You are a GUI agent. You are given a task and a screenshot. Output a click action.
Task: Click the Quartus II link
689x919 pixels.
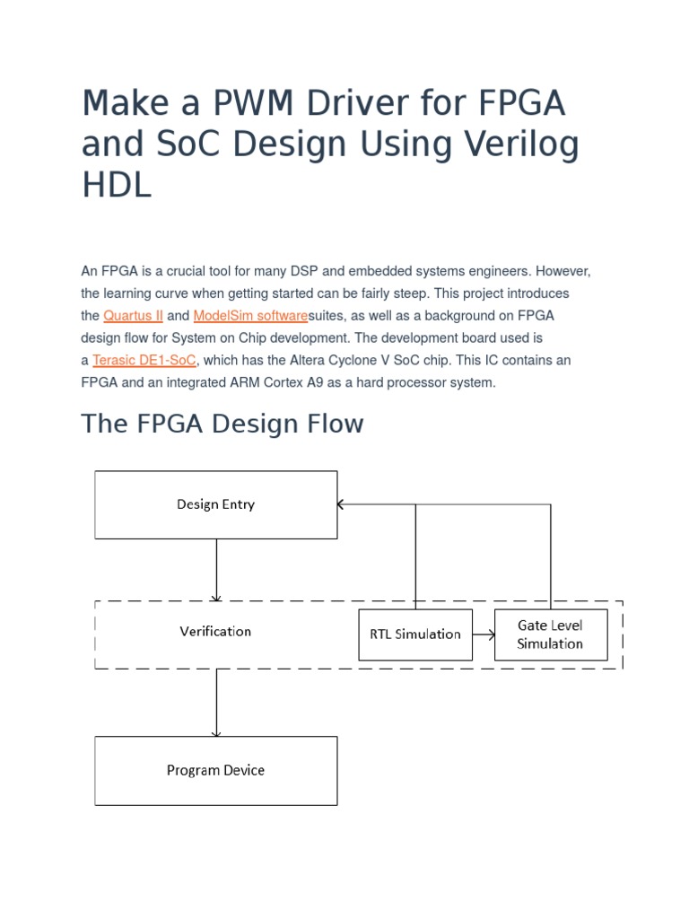pyautogui.click(x=133, y=316)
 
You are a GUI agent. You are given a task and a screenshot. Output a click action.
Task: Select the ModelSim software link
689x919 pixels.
pyautogui.click(x=250, y=316)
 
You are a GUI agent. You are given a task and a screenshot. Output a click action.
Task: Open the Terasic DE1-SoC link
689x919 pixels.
pyautogui.click(x=144, y=360)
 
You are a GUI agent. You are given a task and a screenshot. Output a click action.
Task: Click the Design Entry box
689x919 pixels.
pyautogui.click(x=215, y=504)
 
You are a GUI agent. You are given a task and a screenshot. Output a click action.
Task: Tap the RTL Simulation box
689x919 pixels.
pyautogui.click(x=414, y=635)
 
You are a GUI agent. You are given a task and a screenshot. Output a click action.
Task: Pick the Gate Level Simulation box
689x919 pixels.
pyautogui.click(x=550, y=635)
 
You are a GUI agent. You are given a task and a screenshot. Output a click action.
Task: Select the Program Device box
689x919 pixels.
pyautogui.click(x=215, y=770)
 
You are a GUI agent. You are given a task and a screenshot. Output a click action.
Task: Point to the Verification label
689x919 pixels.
pyautogui.click(x=215, y=632)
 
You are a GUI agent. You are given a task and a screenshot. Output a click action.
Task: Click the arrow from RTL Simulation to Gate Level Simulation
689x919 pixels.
pyautogui.click(x=484, y=635)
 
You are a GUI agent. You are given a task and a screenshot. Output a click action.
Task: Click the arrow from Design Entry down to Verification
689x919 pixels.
pyautogui.click(x=216, y=570)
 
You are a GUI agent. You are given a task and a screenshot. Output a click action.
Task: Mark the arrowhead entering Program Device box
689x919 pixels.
pyautogui.click(x=216, y=732)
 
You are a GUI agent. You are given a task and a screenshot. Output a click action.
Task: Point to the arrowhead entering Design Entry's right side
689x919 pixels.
pyautogui.click(x=341, y=504)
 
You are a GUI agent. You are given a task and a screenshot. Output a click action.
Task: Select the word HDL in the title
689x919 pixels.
pyautogui.click(x=117, y=185)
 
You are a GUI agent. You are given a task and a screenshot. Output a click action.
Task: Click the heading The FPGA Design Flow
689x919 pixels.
pyautogui.click(x=222, y=424)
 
